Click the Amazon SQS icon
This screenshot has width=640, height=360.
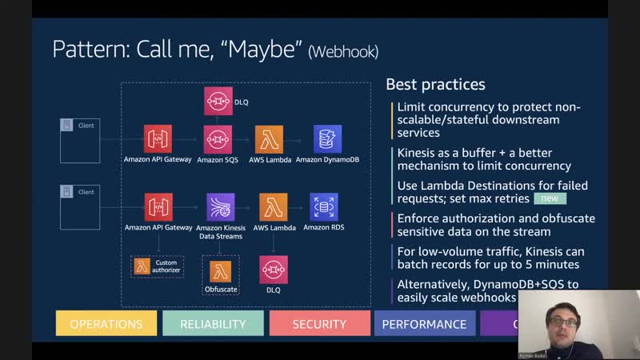[218, 139]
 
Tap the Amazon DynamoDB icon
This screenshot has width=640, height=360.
[327, 139]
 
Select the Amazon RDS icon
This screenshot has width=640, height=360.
[325, 207]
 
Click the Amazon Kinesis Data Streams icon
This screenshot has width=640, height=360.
[220, 207]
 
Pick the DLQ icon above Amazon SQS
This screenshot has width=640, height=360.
[218, 102]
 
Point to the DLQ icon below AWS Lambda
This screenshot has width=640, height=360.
[274, 270]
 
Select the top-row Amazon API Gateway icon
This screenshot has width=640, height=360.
[158, 139]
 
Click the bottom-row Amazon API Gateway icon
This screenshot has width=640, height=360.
[158, 207]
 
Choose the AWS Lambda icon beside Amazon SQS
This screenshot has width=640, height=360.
[269, 139]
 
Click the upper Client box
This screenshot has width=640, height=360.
[80, 140]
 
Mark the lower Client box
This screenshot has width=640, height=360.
[80, 206]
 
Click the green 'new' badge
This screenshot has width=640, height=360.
[550, 198]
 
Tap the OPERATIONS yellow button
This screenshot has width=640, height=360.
[106, 324]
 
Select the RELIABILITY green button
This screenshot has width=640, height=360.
[213, 324]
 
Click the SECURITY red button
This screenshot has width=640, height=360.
[319, 324]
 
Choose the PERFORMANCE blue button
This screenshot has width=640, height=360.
[424, 324]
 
